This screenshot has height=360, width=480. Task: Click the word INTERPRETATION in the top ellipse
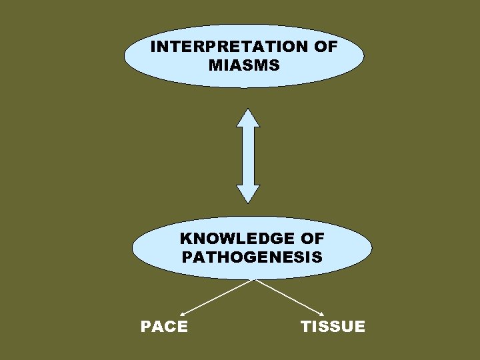click(x=231, y=47)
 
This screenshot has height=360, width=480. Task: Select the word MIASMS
click(x=244, y=65)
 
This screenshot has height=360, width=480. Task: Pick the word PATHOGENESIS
click(x=252, y=257)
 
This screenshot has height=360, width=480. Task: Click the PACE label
click(x=164, y=327)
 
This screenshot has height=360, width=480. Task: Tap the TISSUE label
click(x=333, y=327)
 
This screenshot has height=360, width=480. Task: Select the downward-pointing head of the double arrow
click(x=248, y=193)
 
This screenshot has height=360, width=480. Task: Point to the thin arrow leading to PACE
click(x=217, y=296)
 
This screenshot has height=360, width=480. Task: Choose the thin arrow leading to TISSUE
click(x=289, y=296)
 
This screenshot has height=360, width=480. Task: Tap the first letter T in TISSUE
click(x=306, y=327)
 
